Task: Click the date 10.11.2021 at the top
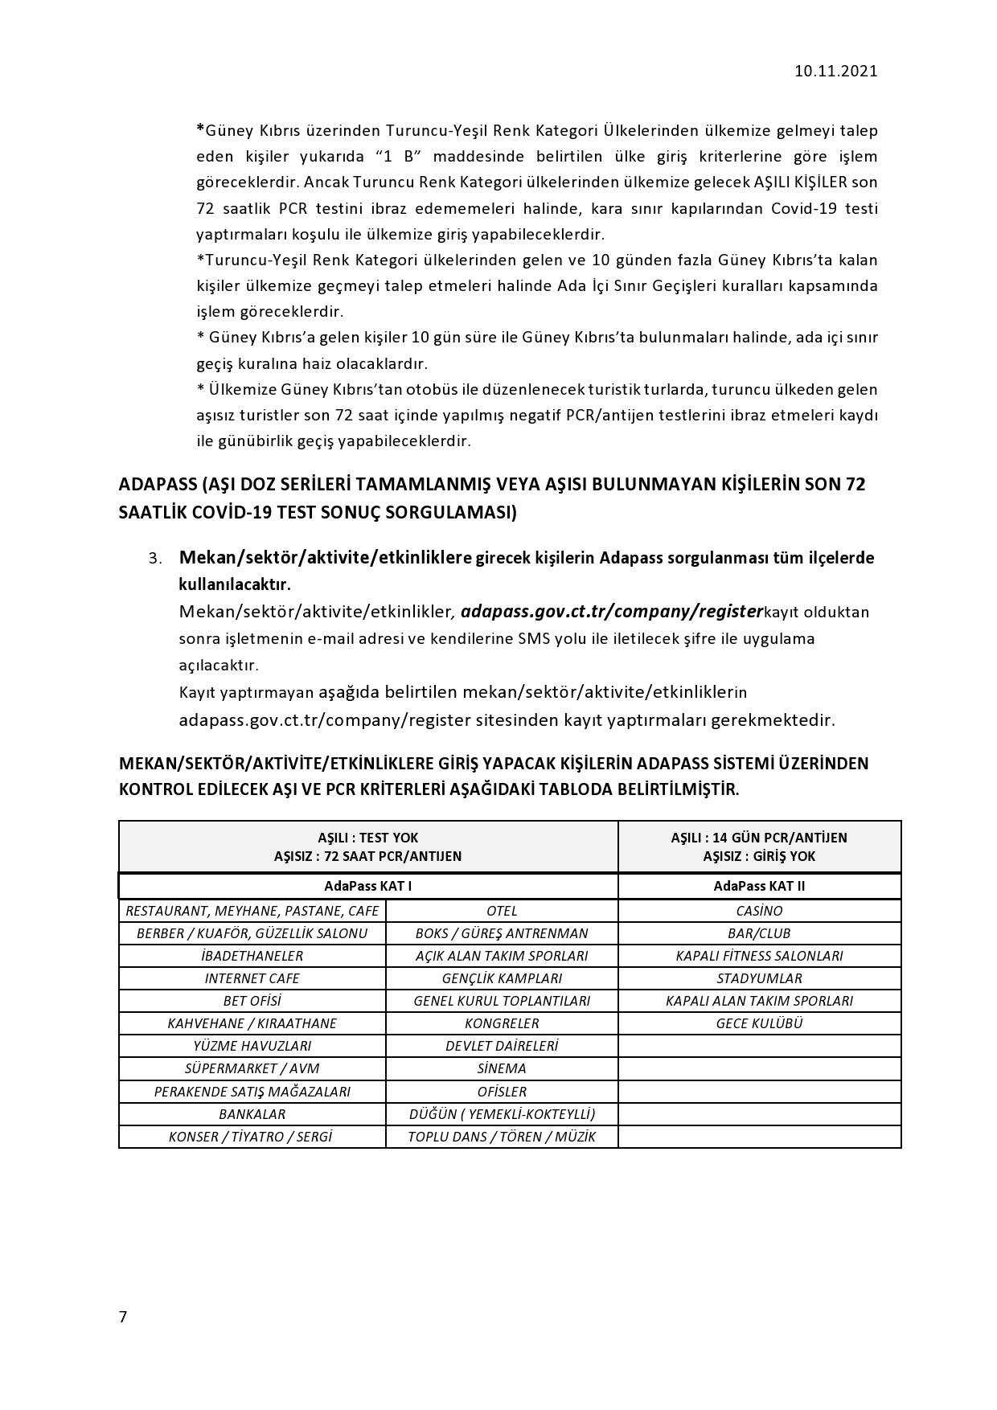835,71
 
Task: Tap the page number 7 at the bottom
123,1317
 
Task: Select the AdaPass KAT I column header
367,886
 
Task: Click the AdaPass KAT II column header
759,886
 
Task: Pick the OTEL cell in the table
502,911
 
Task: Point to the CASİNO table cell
759,911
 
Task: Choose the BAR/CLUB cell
759,933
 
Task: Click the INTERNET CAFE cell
252,978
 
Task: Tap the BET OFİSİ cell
252,1001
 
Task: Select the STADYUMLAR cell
759,978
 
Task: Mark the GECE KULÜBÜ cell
759,1023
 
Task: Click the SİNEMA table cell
502,1068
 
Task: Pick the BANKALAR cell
252,1114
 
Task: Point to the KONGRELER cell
502,1023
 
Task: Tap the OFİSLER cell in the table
502,1092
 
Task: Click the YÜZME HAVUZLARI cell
252,1046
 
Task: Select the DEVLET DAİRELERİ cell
502,1046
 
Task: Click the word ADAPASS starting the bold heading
158,486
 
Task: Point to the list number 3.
155,559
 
